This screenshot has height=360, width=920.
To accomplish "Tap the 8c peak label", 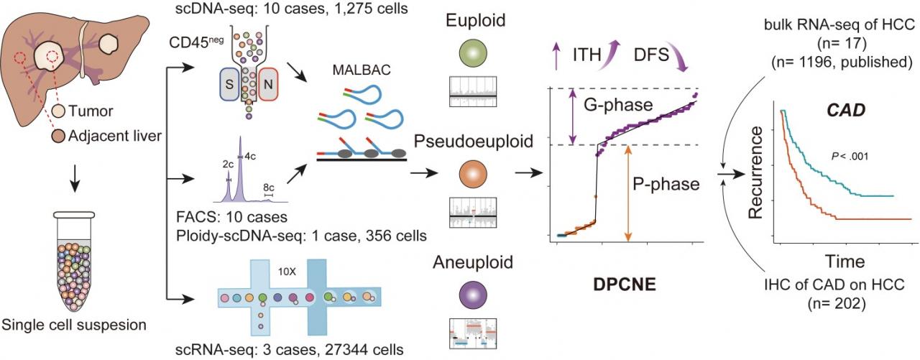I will (x=270, y=185).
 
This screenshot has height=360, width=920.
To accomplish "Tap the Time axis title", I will (x=847, y=259).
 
